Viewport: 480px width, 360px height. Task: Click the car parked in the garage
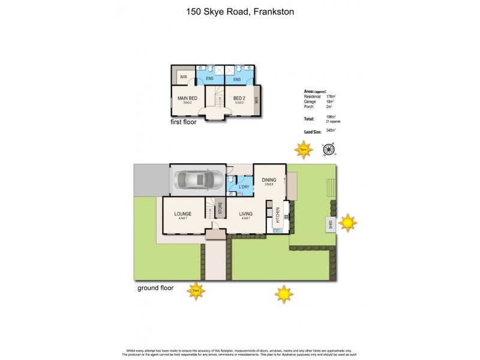pos(198,179)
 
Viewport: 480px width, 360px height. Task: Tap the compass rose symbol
pos(328,149)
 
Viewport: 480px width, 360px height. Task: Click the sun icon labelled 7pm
pos(304,149)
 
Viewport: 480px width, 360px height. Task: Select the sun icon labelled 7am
pos(195,292)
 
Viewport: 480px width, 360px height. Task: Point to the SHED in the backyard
pos(330,225)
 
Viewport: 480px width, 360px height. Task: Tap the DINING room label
pos(269,179)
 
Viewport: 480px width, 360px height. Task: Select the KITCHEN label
pos(277,216)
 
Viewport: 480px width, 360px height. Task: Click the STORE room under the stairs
pos(220,209)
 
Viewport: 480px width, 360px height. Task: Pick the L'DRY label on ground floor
pos(244,187)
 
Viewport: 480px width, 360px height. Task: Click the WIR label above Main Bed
pos(183,77)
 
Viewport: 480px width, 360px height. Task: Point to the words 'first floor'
pos(184,121)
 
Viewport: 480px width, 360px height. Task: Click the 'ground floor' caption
pos(155,288)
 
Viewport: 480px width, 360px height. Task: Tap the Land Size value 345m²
pos(331,130)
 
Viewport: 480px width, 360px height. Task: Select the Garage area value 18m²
pos(331,102)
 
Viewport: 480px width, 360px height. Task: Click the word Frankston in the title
pos(273,11)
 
